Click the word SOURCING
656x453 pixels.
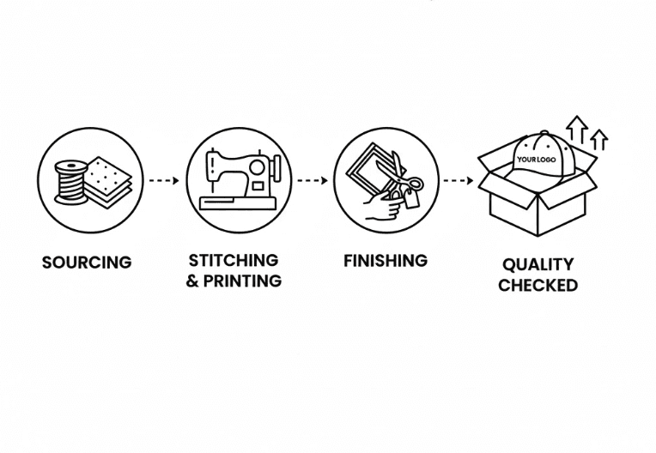coord(87,263)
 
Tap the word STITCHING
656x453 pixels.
coord(234,260)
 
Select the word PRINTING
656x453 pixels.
coord(242,281)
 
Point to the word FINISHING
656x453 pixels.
coord(386,261)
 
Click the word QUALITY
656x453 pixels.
coord(538,264)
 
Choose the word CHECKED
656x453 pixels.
coord(538,285)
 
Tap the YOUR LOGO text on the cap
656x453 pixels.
coord(537,160)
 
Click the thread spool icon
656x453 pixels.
coord(70,183)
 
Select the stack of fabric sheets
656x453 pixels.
coord(107,183)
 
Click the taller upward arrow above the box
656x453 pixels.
coord(577,129)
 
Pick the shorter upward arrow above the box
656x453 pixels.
coord(598,139)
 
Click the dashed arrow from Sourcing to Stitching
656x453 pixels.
coord(164,180)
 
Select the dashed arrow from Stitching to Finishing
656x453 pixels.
coord(312,180)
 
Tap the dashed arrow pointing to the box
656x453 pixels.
coord(459,180)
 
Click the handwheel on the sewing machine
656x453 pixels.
coord(276,168)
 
